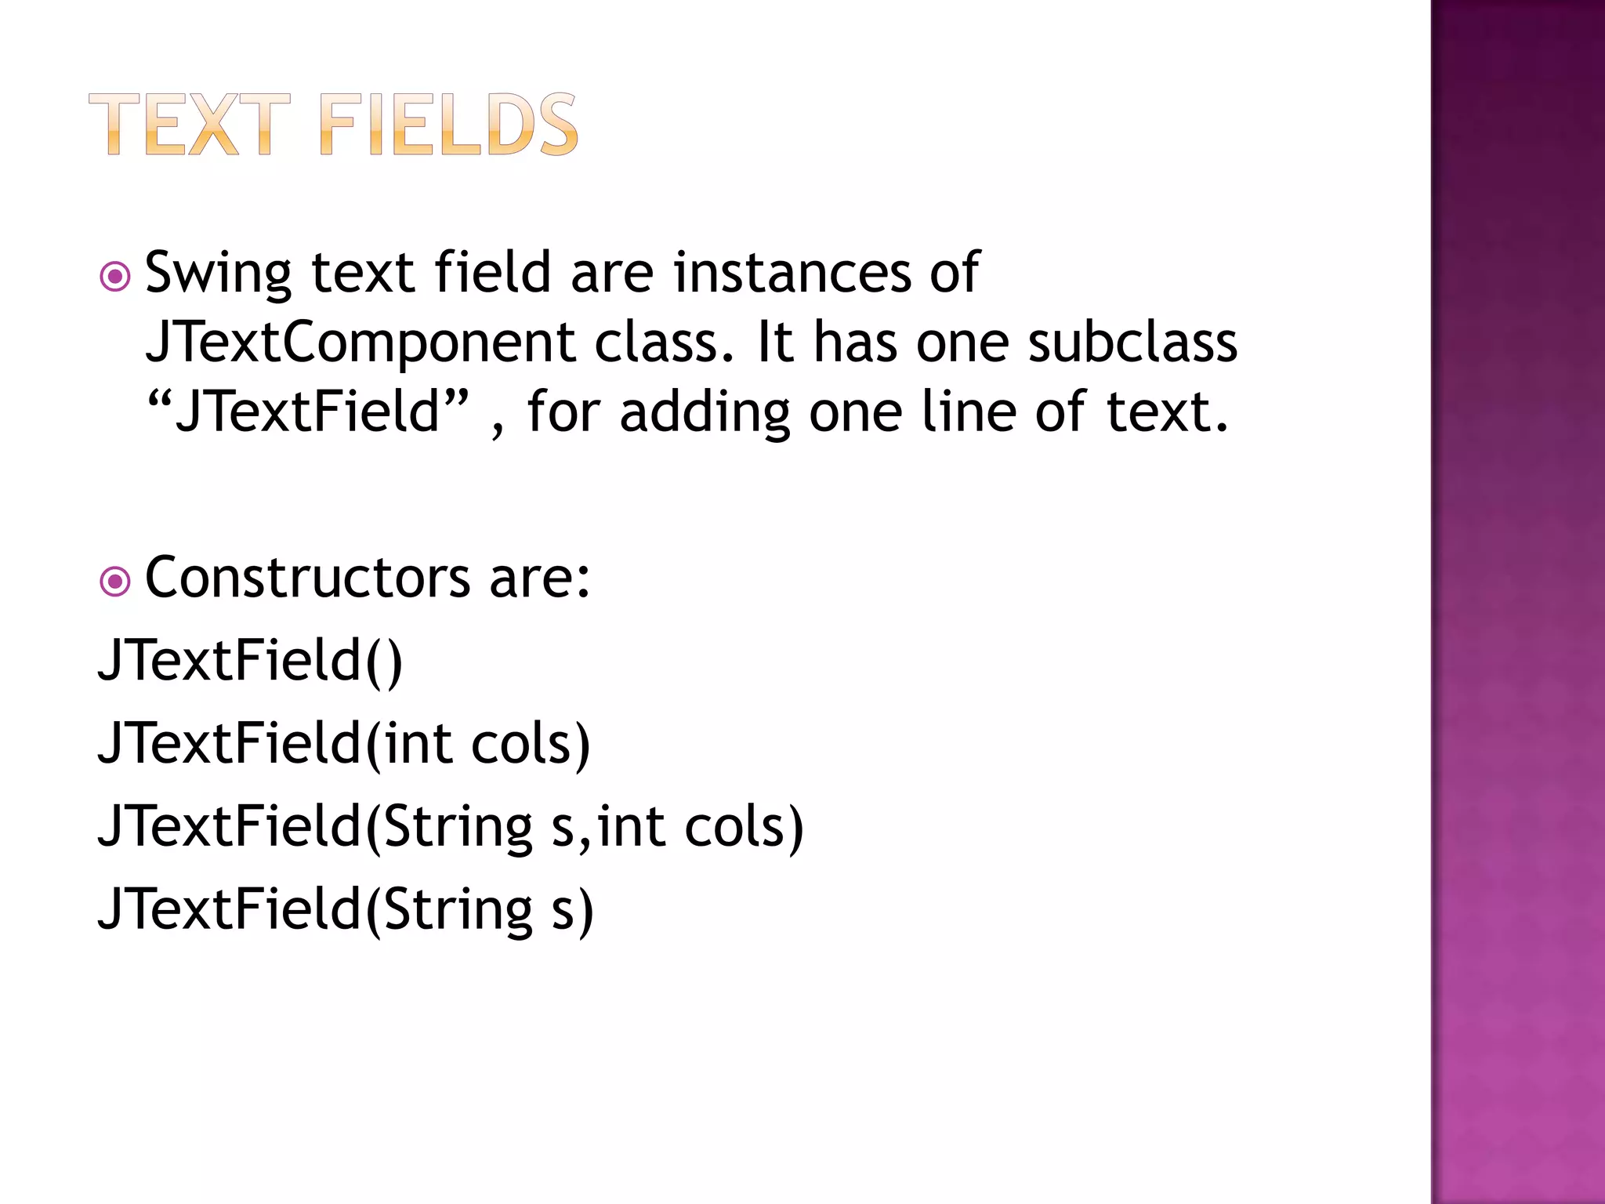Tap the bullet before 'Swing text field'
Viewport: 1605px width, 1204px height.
[115, 277]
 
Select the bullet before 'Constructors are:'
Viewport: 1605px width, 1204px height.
[115, 582]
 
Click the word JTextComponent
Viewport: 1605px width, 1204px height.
[360, 343]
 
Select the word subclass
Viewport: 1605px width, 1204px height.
[1132, 342]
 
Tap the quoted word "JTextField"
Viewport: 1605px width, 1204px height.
[309, 412]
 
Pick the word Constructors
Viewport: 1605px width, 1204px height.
[307, 578]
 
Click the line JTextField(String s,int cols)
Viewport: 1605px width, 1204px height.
[451, 827]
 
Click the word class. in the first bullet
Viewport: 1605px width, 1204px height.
[665, 343]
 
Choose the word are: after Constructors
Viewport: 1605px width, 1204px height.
[540, 578]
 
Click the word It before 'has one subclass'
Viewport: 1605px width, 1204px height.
[774, 343]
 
